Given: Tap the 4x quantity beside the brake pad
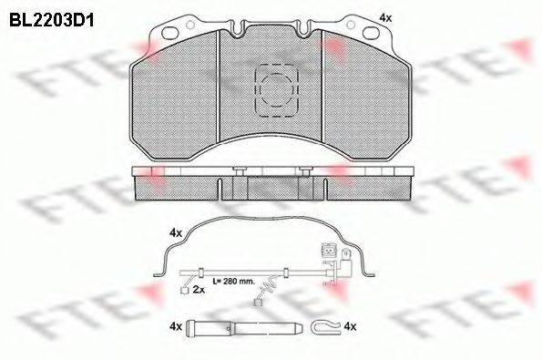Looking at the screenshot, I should (384, 17).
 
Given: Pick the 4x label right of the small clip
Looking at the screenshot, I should (351, 324).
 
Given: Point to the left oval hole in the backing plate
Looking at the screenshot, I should (168, 35).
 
